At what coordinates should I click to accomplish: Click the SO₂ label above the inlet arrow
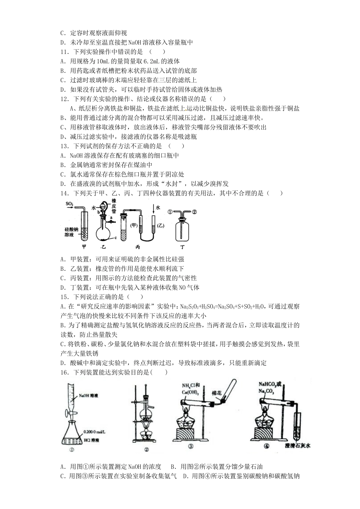[x=69, y=204]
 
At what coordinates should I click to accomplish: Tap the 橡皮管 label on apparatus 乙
[x=113, y=206]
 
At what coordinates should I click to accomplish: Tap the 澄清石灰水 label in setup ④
[x=297, y=446]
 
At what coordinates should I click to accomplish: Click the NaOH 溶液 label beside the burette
[x=89, y=396]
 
